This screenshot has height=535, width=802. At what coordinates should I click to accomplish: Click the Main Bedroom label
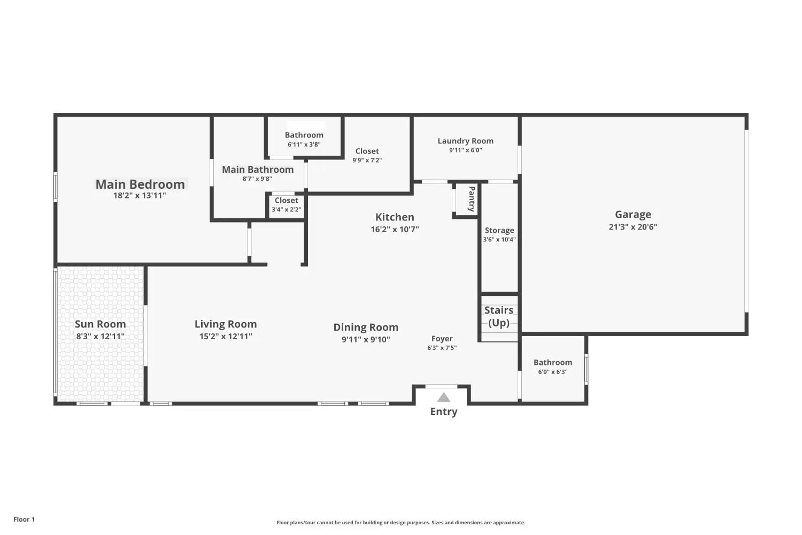[140, 184]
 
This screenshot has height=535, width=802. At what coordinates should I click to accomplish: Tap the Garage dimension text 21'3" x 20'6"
[633, 227]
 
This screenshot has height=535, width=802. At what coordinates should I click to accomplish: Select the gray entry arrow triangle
[444, 397]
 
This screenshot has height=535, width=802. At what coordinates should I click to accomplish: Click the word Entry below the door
[444, 411]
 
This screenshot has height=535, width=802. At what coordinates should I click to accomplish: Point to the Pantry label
[472, 199]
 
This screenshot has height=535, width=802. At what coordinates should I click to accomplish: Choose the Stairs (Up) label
[499, 316]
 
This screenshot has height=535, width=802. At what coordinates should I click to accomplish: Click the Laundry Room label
[466, 141]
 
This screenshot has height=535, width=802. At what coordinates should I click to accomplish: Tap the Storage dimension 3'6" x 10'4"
[499, 239]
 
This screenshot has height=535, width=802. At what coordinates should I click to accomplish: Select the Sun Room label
[101, 324]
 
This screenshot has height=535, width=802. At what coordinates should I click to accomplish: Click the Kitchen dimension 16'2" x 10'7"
[395, 230]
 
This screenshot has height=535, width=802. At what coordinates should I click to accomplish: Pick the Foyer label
[442, 339]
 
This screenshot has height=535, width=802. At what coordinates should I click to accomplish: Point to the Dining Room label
[366, 327]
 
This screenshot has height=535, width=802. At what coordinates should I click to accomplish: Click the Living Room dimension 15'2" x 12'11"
[226, 336]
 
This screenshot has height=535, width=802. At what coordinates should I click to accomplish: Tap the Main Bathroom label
[258, 170]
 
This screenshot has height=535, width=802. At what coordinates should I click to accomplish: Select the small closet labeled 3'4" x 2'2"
[286, 204]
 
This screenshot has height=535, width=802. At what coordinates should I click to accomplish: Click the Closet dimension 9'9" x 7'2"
[367, 160]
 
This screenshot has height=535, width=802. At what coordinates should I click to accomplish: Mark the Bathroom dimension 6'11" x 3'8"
[304, 144]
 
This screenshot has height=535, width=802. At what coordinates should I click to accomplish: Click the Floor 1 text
[24, 519]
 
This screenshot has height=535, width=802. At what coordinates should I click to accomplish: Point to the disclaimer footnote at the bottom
[400, 523]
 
